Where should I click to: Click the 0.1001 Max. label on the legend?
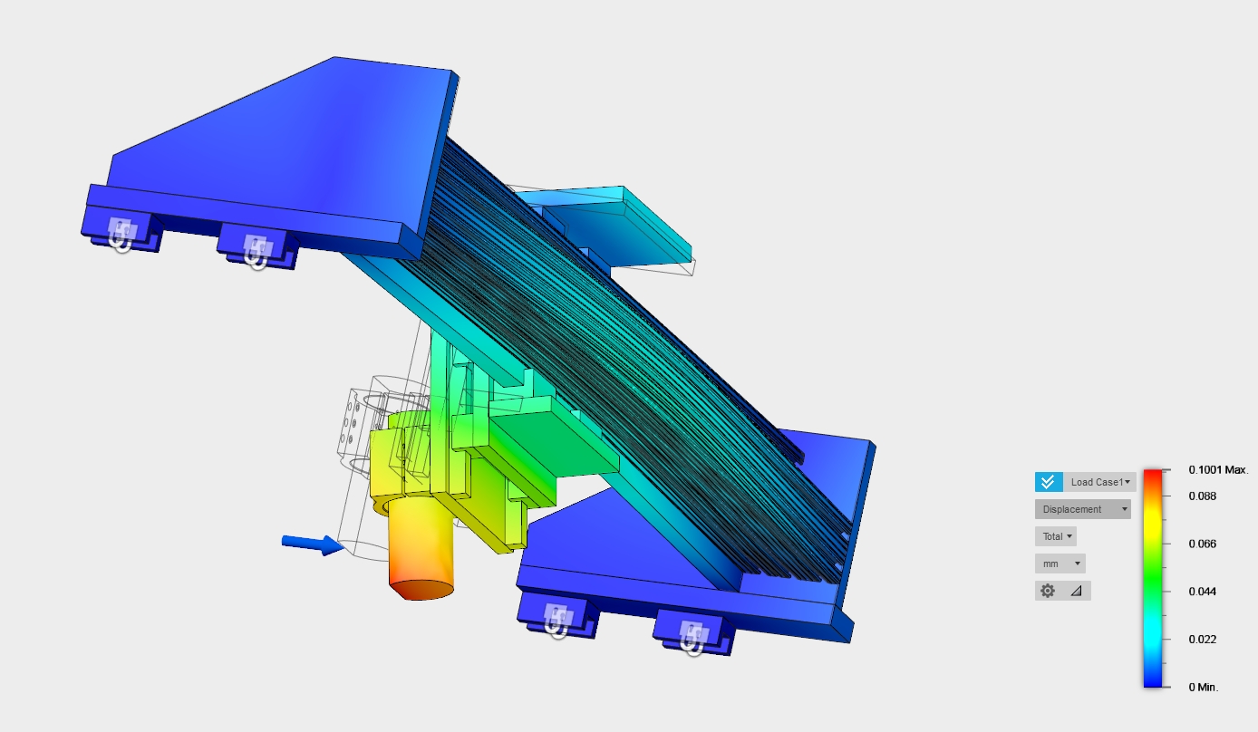tap(1218, 470)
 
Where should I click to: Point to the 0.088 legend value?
tap(1203, 496)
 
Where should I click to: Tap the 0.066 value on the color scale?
tap(1203, 544)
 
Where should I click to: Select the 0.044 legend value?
tap(1203, 592)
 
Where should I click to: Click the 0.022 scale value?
tap(1203, 640)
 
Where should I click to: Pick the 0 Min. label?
tap(1204, 687)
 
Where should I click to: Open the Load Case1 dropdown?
tap(1099, 482)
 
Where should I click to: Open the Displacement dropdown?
tap(1083, 509)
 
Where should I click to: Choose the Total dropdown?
tap(1056, 536)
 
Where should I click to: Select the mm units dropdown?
tap(1060, 563)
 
